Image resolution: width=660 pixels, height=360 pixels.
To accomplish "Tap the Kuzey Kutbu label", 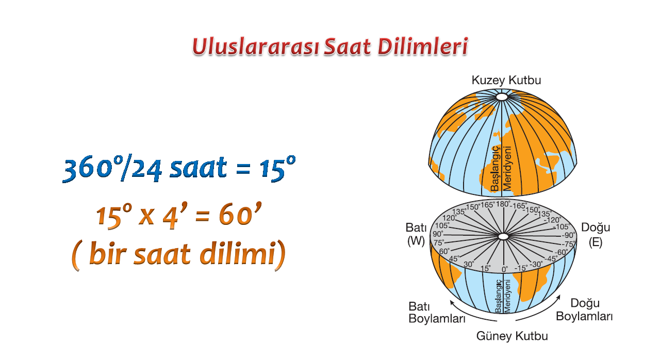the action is coord(506,80).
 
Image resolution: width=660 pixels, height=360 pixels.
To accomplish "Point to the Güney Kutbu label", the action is coord(512,336).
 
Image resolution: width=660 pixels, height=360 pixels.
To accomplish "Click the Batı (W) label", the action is coord(416,235).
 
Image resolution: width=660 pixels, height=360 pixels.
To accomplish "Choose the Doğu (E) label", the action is coord(596,235).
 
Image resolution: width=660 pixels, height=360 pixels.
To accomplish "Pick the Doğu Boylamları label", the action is coord(584,309).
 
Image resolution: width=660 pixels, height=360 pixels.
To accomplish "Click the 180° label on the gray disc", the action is coord(503,204).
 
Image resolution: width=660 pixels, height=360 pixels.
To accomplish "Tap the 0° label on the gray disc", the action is coord(505,269).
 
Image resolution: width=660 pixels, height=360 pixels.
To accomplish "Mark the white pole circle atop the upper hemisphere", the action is coord(502,97).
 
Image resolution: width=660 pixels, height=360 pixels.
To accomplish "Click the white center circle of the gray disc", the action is coord(504,236).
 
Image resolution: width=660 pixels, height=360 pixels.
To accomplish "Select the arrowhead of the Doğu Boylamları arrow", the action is coord(558,297).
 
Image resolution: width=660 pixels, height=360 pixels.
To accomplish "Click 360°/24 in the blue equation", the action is coord(112,169).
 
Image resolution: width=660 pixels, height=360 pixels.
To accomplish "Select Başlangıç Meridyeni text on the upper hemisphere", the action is coord(501,169).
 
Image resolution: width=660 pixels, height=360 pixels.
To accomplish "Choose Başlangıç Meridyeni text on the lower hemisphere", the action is coord(503,296).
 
